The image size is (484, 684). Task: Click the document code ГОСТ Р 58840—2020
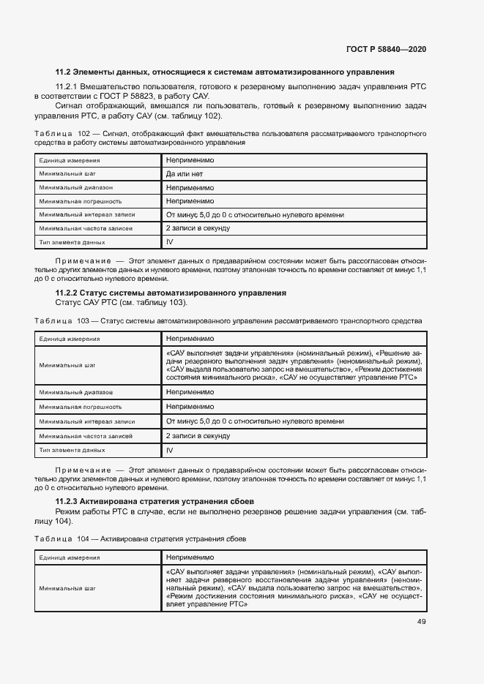click(x=385, y=49)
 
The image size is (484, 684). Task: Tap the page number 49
click(x=422, y=622)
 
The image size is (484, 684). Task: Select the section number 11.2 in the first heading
click(x=64, y=72)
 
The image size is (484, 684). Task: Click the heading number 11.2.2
click(x=69, y=293)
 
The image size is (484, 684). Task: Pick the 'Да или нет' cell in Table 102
click(x=184, y=173)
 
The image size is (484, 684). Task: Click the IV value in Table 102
click(x=169, y=241)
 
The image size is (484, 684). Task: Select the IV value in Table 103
click(x=169, y=451)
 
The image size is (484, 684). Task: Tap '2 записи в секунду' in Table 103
click(x=198, y=435)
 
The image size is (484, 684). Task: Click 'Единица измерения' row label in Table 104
click(x=70, y=557)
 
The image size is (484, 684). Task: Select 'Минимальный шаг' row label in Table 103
click(x=67, y=364)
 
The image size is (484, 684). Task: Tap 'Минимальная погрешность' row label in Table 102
click(x=80, y=200)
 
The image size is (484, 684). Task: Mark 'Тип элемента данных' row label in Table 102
click(x=72, y=242)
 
